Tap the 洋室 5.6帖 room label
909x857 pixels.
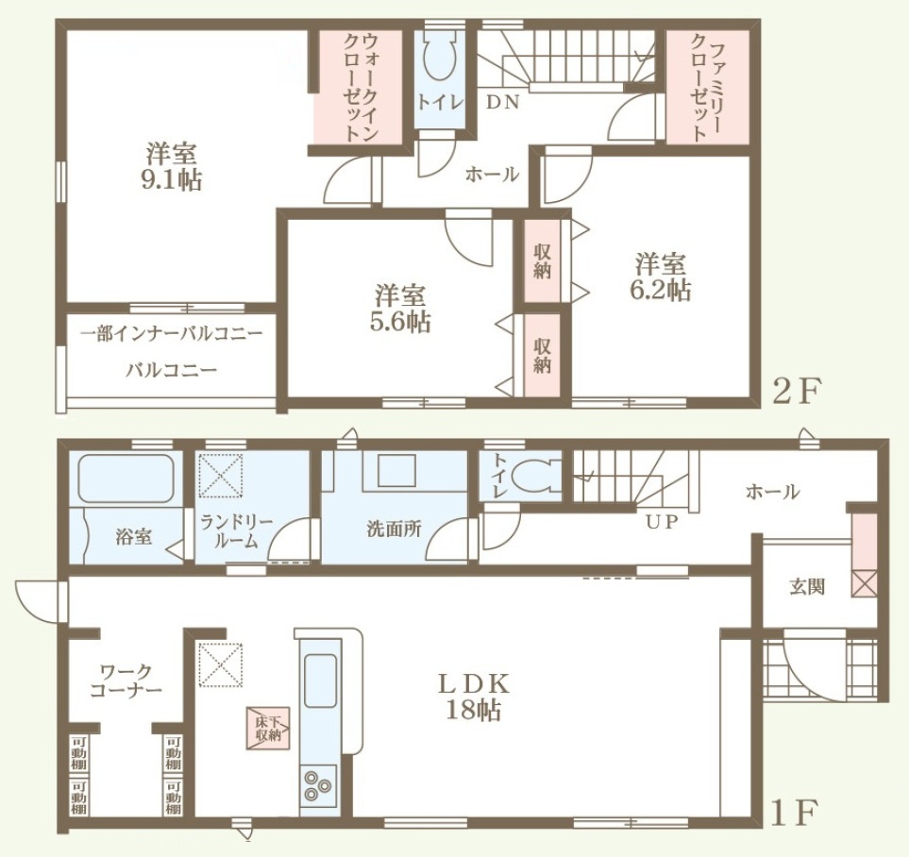click(x=400, y=309)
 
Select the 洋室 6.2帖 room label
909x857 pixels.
click(x=661, y=277)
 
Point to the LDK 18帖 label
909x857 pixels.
click(x=474, y=697)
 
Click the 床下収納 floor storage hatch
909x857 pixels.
click(x=268, y=728)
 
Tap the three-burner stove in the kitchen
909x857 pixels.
click(x=318, y=785)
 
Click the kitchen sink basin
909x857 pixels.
click(x=321, y=681)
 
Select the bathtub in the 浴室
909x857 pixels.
click(x=126, y=479)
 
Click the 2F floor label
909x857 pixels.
click(x=796, y=394)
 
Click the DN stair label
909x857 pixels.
click(x=502, y=103)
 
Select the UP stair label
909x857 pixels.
click(x=662, y=522)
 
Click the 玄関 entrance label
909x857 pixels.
click(x=807, y=588)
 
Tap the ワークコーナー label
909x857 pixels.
click(x=126, y=681)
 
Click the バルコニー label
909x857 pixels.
click(x=172, y=369)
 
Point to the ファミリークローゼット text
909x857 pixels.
click(x=705, y=88)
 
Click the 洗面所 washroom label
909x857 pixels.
click(x=395, y=529)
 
